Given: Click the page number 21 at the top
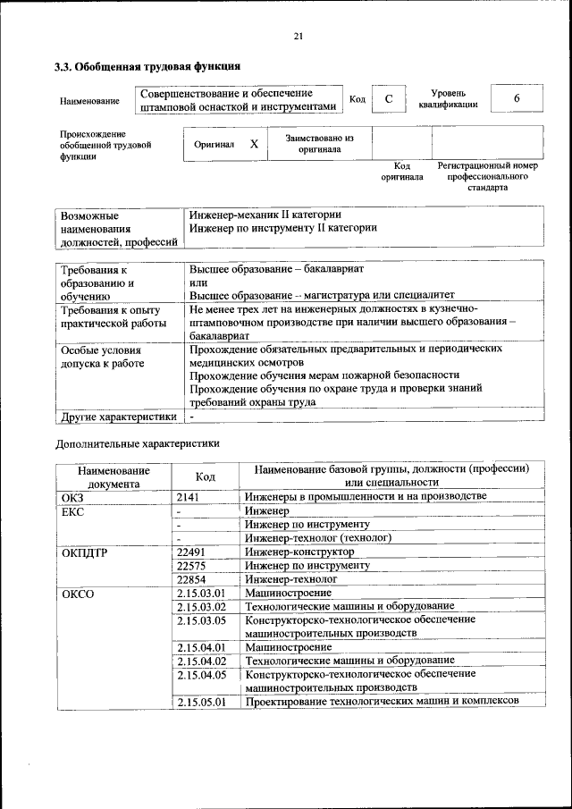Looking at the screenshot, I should (299, 36).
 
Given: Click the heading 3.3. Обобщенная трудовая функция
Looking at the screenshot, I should (147, 66).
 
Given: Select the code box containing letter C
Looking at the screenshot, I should (389, 99).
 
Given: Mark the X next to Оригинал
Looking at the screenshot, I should (254, 144).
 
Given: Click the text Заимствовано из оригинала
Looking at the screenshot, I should (319, 144).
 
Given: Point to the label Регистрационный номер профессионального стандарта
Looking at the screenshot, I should (487, 177).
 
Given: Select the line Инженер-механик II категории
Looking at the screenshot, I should (265, 215).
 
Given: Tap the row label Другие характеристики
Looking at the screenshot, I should (117, 417).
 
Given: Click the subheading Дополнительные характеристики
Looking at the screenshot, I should (137, 442).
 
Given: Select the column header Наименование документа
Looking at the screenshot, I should (113, 476).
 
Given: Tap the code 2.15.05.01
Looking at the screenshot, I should (201, 702).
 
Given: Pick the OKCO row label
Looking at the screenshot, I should (78, 593).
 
